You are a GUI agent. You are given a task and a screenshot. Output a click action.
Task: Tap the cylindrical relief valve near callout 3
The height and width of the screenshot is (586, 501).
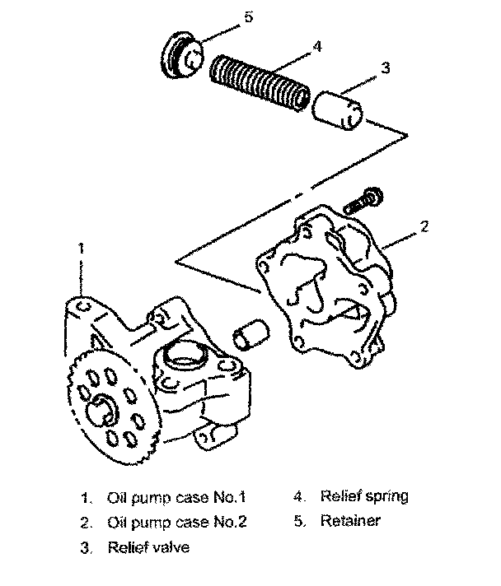coord(340,110)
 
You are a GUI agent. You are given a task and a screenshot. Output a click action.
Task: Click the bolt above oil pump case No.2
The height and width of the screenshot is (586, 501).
coord(363,200)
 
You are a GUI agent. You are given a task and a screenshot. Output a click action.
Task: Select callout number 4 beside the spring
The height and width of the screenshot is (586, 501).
coord(317,49)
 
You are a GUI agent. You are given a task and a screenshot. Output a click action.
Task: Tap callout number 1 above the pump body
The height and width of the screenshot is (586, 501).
coord(81,246)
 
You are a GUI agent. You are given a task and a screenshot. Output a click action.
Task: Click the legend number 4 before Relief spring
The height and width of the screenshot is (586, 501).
coord(297,496)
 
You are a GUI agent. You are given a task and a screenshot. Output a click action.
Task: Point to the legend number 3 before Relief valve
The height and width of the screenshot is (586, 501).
coord(85,546)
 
